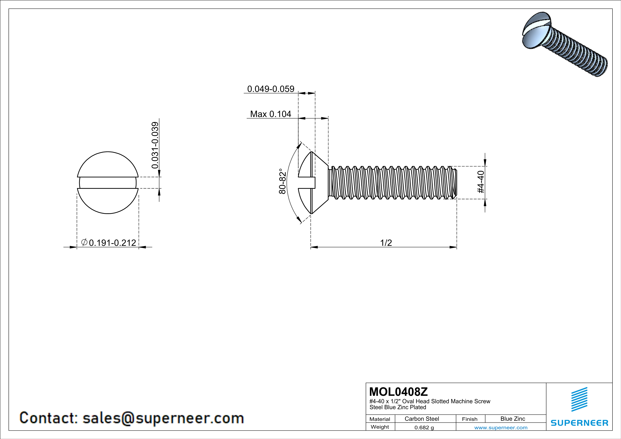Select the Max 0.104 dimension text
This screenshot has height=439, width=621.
tap(270, 114)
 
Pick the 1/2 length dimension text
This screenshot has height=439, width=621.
tap(386, 243)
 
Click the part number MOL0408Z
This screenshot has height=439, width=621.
tap(398, 391)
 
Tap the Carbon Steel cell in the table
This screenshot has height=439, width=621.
tap(422, 419)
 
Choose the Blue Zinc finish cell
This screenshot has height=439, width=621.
tap(512, 419)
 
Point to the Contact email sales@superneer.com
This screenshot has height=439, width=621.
tap(132, 418)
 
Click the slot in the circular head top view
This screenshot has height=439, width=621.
tap(108, 183)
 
